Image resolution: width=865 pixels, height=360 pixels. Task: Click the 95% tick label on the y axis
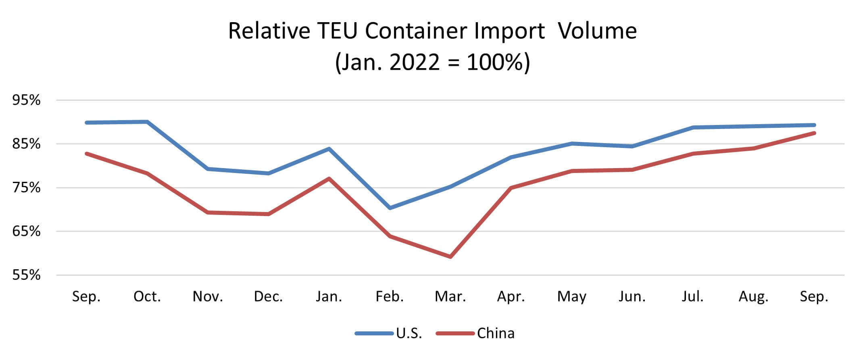[x=27, y=100]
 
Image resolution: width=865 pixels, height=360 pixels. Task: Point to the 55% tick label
[x=27, y=275]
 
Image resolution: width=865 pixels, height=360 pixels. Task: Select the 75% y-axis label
[x=27, y=188]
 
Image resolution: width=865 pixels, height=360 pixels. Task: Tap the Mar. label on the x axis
[x=450, y=297]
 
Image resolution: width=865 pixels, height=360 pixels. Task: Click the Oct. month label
[x=147, y=297]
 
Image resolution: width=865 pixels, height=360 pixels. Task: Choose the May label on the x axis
[x=571, y=297]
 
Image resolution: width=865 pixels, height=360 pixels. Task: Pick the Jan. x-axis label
[x=329, y=297]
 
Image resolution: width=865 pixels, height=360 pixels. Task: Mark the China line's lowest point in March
[x=450, y=256]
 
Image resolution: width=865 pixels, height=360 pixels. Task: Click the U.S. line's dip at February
[x=390, y=208]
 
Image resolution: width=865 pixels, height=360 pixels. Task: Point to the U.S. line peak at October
[x=147, y=122]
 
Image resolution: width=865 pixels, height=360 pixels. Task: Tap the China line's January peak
[x=329, y=179]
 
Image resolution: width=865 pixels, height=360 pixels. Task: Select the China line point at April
[x=511, y=188]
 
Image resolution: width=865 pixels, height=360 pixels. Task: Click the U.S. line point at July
[x=693, y=127]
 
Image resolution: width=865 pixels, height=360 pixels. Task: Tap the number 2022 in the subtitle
[x=415, y=62]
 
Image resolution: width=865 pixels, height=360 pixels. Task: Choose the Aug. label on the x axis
[x=753, y=297]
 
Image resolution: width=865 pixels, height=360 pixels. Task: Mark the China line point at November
[x=208, y=212]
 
